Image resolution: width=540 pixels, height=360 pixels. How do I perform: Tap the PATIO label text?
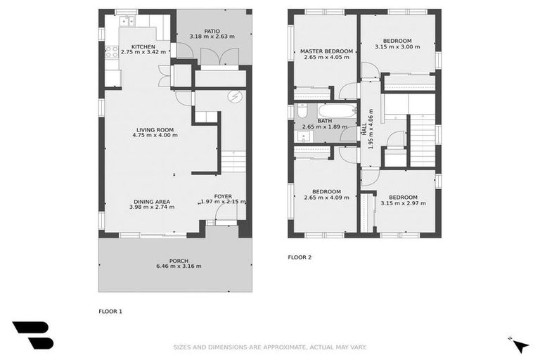coord(212,31)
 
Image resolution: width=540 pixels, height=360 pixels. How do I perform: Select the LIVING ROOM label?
coord(155,129)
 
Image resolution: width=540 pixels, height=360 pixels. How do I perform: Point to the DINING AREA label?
coord(151,201)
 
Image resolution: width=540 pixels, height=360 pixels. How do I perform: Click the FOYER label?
coord(223,196)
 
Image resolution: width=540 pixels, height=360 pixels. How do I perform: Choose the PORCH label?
coord(179,261)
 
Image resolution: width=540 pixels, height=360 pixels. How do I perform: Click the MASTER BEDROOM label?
coord(326,51)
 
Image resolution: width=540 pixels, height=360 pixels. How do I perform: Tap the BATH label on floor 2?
coord(324,121)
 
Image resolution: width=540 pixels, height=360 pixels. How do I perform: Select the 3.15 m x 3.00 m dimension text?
coord(397,47)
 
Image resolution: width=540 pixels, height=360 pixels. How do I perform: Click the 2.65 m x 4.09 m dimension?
coord(326,198)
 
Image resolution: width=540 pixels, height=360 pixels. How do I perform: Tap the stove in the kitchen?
coord(110,51)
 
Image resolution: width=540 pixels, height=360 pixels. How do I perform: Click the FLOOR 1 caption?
coord(110,310)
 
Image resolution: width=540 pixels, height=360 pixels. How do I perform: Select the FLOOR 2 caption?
coord(300,257)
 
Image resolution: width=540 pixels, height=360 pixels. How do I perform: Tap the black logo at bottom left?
coord(32,335)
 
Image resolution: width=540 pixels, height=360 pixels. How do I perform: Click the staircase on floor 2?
coord(422,141)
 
